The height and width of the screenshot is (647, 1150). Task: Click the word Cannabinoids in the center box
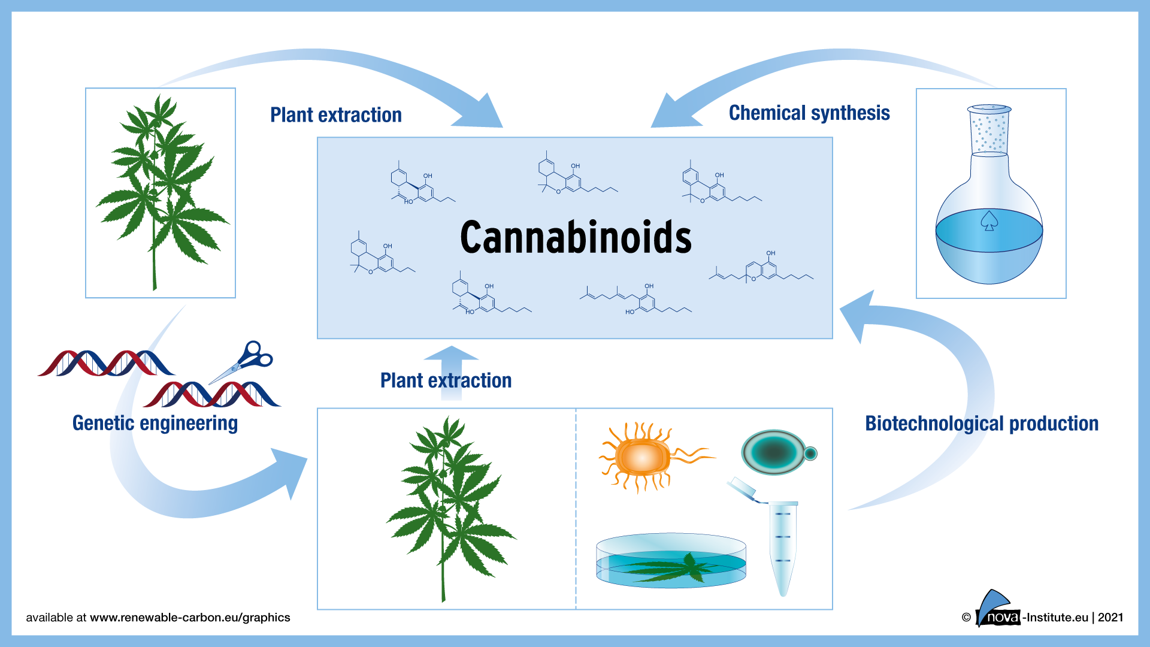click(x=575, y=237)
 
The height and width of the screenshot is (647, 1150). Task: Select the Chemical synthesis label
click(x=809, y=113)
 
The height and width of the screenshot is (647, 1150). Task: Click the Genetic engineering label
click(x=155, y=423)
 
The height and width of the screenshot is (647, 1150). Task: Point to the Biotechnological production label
click(x=981, y=424)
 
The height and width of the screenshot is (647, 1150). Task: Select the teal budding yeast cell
click(x=776, y=452)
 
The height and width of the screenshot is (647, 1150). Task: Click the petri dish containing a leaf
click(x=671, y=561)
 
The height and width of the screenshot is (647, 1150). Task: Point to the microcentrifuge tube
click(x=782, y=545)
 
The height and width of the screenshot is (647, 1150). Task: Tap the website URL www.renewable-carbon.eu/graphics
click(x=190, y=618)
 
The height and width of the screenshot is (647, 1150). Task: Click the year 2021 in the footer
click(x=1110, y=618)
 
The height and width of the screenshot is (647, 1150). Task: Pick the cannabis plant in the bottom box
click(x=446, y=509)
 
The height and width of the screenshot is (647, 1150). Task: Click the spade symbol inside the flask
click(x=989, y=221)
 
